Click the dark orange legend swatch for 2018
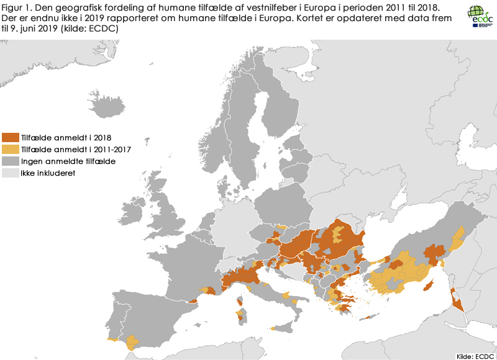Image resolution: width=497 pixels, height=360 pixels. tap(11, 137)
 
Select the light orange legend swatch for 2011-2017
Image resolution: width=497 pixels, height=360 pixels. tap(11, 149)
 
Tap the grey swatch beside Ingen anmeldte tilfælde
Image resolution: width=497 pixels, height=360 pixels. tap(11, 161)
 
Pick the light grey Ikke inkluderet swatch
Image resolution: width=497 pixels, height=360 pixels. tap(11, 173)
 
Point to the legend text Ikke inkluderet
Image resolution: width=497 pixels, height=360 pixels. tap(48, 173)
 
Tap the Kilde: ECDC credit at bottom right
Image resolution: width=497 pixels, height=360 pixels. tap(475, 355)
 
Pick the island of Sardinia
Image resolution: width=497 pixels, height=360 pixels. tap(240, 308)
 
